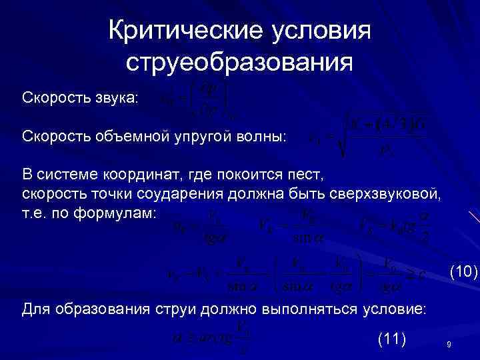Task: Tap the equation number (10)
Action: [x=463, y=271]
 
